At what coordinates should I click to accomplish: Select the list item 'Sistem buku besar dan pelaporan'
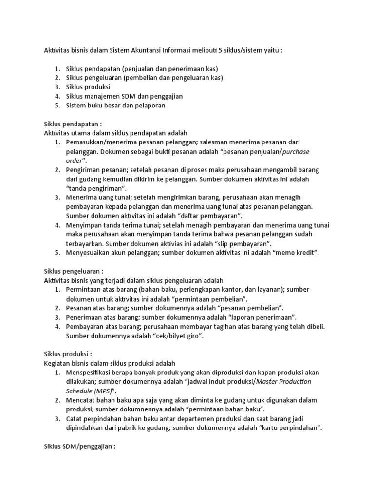[x=115, y=105]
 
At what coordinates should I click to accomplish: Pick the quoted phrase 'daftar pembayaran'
[x=210, y=216]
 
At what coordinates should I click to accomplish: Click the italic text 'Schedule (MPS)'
[x=91, y=391]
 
